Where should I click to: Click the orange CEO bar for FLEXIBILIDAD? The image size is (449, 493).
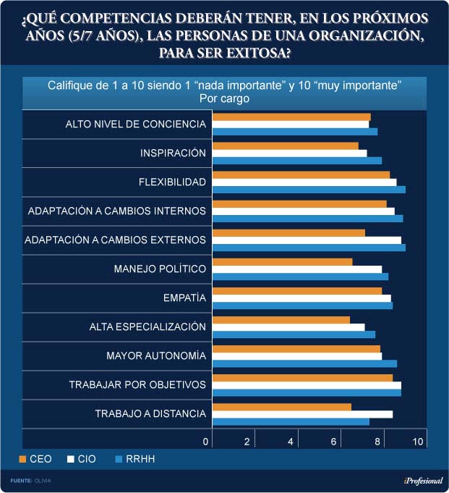pyautogui.click(x=301, y=174)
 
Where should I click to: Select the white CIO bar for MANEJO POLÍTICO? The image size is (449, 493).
pyautogui.click(x=297, y=269)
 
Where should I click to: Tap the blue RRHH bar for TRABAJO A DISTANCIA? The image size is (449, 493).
pyautogui.click(x=291, y=422)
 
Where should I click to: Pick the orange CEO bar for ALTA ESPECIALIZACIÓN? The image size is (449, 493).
pyautogui.click(x=281, y=320)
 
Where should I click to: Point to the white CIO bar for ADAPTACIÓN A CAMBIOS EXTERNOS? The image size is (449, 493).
pyautogui.click(x=307, y=240)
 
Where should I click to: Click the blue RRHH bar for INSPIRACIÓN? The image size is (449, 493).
pyautogui.click(x=297, y=161)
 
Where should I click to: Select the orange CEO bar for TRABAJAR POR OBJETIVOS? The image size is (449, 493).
pyautogui.click(x=302, y=377)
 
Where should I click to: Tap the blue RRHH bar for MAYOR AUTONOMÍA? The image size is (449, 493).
pyautogui.click(x=304, y=363)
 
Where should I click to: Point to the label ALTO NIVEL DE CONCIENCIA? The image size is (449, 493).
pyautogui.click(x=135, y=124)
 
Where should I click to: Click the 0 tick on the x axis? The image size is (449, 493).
pyautogui.click(x=206, y=442)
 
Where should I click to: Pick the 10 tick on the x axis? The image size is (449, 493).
pyautogui.click(x=419, y=442)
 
